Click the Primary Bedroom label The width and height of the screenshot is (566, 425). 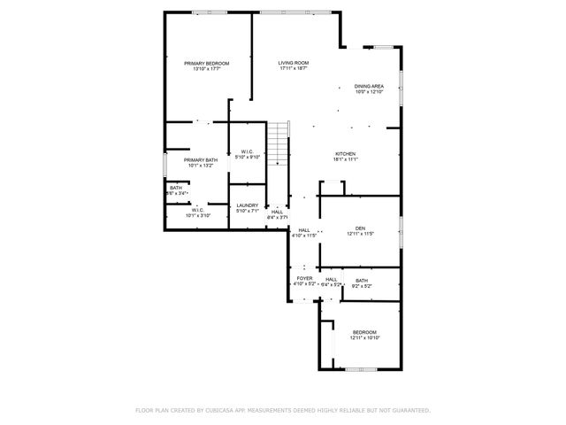pyautogui.click(x=206, y=63)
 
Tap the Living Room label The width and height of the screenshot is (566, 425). pyautogui.click(x=293, y=63)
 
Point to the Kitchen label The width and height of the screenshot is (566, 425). pyautogui.click(x=344, y=153)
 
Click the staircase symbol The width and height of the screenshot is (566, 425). pyautogui.click(x=279, y=143)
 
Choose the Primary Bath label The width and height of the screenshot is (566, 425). pyautogui.click(x=200, y=159)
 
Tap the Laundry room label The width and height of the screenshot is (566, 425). pyautogui.click(x=247, y=205)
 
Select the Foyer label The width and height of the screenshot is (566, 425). pyautogui.click(x=304, y=279)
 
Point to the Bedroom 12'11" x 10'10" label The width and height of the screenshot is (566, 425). pyautogui.click(x=364, y=332)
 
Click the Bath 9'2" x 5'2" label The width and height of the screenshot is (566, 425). pyautogui.click(x=362, y=281)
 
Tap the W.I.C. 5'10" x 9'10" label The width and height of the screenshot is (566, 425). pyautogui.click(x=247, y=152)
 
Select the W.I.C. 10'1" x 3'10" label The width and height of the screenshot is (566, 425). pyautogui.click(x=196, y=210)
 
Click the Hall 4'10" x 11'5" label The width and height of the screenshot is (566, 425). pyautogui.click(x=303, y=229)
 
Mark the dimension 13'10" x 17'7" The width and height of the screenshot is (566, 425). pyautogui.click(x=206, y=69)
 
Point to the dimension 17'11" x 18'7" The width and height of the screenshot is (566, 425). pyautogui.click(x=293, y=69)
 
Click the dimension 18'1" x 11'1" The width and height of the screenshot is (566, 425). pyautogui.click(x=344, y=159)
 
